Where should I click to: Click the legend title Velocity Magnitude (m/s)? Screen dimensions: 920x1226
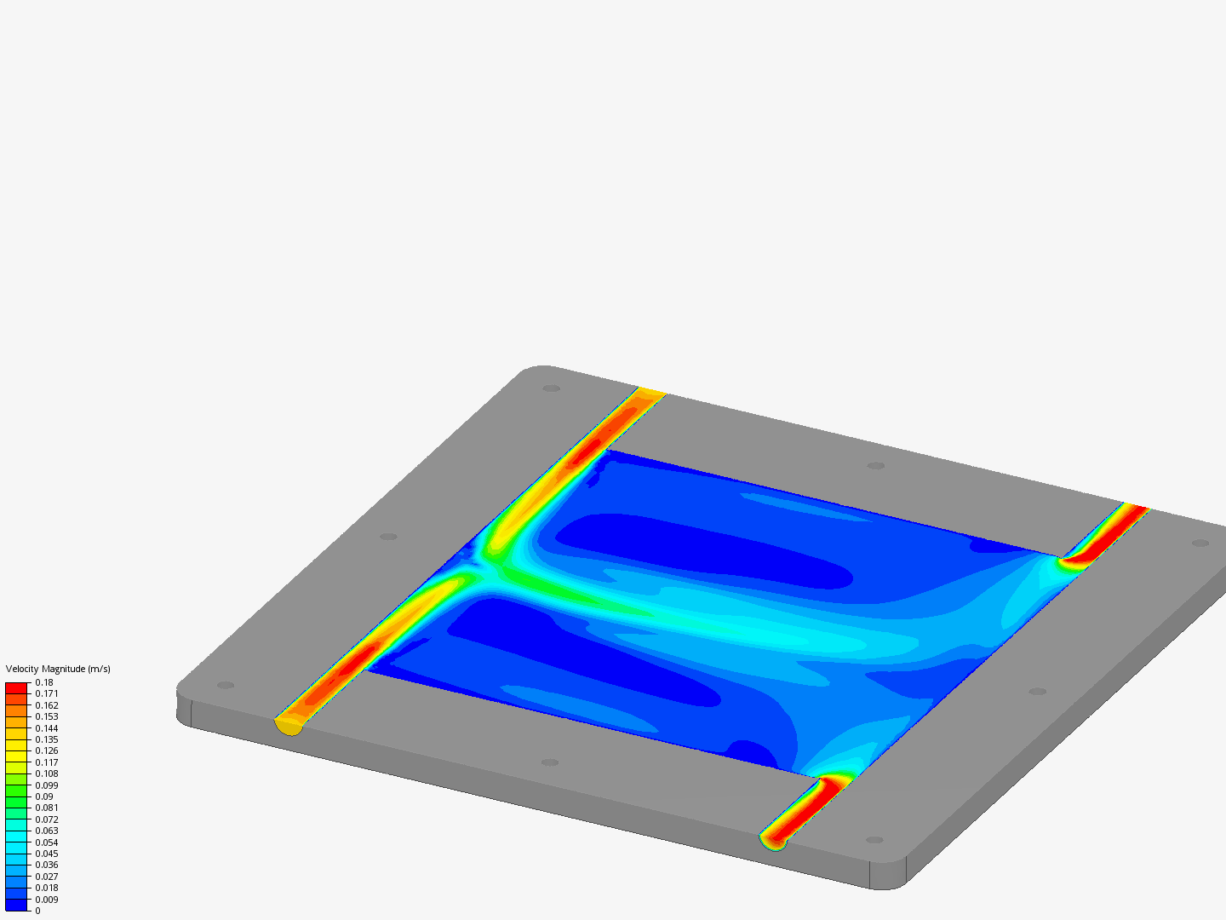58,669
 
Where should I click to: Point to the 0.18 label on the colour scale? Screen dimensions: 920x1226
44,682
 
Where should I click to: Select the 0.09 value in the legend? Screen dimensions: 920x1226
44,796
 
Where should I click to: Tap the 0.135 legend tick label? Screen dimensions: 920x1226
47,739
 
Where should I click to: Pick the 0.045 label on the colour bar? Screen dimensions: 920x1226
47,854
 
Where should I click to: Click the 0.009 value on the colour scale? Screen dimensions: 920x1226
47,900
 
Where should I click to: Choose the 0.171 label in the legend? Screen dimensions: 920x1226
47,693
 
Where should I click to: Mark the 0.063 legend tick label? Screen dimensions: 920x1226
47,831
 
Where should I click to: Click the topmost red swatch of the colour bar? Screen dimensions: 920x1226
17,687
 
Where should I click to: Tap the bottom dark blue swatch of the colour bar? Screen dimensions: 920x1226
17,905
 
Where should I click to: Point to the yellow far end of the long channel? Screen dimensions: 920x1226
651,392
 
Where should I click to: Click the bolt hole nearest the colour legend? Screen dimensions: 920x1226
225,685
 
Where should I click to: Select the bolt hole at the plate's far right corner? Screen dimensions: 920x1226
1200,543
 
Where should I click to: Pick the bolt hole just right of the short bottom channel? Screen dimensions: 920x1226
874,840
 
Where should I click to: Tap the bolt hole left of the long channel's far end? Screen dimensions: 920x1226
551,388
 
